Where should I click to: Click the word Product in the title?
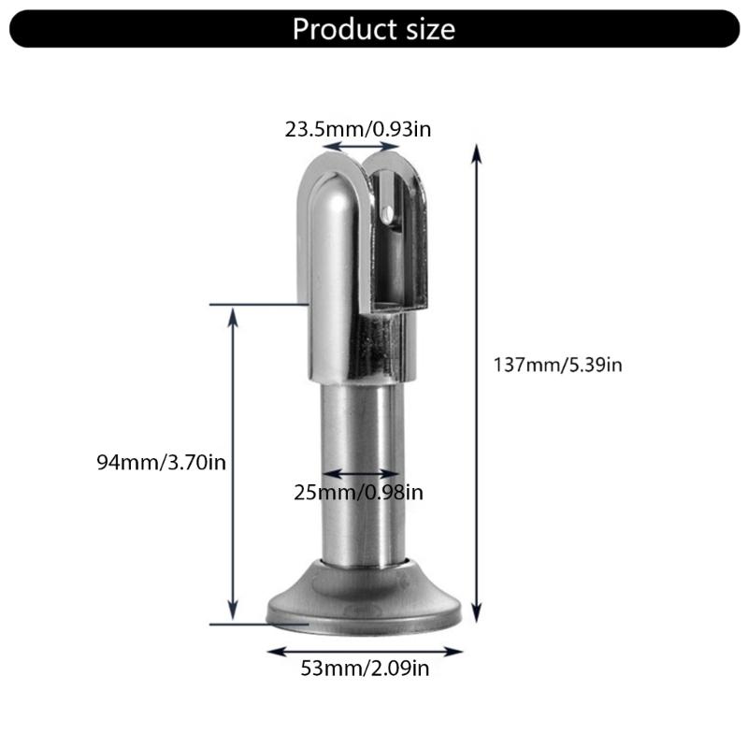[x=344, y=29]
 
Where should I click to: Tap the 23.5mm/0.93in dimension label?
[x=358, y=129]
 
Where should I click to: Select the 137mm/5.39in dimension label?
[x=557, y=365]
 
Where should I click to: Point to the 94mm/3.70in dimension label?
[x=161, y=462]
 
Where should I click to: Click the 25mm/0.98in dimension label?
[x=358, y=493]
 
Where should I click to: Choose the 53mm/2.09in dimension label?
[x=365, y=669]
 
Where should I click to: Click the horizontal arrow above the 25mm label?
[x=360, y=474]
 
